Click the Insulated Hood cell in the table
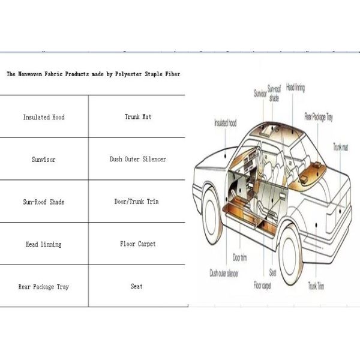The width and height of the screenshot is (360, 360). click(44, 117)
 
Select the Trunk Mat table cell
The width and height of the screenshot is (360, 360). click(137, 117)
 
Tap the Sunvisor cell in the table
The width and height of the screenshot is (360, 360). click(44, 160)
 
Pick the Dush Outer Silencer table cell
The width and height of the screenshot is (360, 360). click(137, 160)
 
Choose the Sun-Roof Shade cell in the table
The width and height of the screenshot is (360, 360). click(44, 202)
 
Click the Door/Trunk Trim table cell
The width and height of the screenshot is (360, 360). click(137, 202)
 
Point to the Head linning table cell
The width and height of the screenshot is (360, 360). click(43, 245)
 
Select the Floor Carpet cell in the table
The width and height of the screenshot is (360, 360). click(137, 245)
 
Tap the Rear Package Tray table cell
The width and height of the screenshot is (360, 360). click(44, 287)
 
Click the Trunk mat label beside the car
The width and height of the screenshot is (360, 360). click(341, 147)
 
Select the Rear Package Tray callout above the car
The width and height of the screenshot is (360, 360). click(319, 116)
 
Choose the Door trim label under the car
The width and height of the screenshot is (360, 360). click(240, 259)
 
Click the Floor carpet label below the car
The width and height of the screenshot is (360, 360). click(262, 286)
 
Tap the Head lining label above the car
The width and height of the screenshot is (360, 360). click(295, 88)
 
